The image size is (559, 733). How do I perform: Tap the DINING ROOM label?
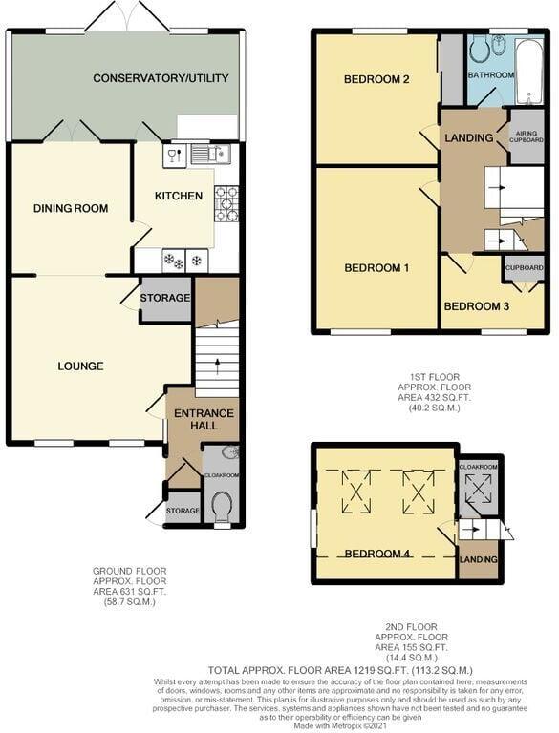click(x=70, y=209)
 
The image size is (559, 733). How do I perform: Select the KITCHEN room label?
click(x=179, y=196)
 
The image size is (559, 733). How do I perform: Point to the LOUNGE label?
click(x=80, y=366)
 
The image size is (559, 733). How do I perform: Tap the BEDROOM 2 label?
click(x=376, y=79)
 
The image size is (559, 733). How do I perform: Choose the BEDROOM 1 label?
click(x=376, y=268)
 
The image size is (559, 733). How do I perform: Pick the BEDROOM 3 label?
click(x=476, y=306)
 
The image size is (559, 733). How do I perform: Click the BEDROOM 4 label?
click(x=376, y=554)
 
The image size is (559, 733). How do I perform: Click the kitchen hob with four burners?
click(x=226, y=203)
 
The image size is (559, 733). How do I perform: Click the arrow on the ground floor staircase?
click(x=215, y=364)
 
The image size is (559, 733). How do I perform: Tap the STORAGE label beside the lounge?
click(x=164, y=299)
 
